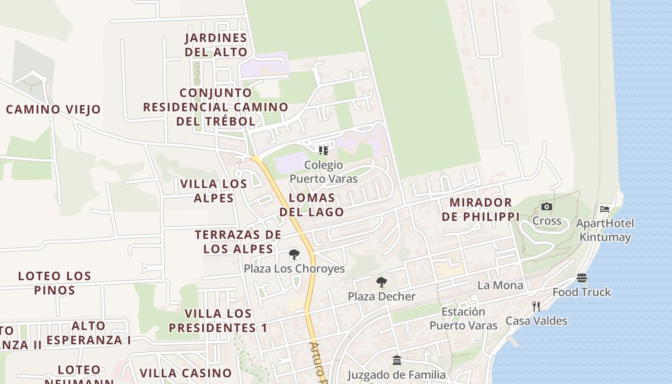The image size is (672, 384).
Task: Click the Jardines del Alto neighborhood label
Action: click(x=216, y=45)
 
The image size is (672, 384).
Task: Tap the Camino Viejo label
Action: click(x=53, y=109)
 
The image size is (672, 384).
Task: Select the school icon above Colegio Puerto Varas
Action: click(x=324, y=151)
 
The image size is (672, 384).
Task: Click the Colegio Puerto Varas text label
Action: click(x=324, y=172)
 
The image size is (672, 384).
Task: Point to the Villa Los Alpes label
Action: click(x=214, y=191)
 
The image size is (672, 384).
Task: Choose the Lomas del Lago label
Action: click(x=312, y=204)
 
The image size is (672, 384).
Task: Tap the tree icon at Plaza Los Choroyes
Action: click(x=294, y=255)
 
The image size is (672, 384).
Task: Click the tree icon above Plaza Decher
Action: click(x=382, y=282)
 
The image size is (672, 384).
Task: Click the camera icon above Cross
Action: click(x=546, y=207)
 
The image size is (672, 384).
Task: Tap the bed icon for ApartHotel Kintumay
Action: click(x=605, y=209)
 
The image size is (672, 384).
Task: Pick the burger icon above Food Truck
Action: click(x=582, y=278)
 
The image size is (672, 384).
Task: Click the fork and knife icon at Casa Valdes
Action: click(x=536, y=306)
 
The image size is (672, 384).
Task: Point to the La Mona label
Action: click(x=500, y=285)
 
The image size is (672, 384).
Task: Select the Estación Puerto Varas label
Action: click(x=463, y=319)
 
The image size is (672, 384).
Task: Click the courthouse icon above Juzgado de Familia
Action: click(x=397, y=360)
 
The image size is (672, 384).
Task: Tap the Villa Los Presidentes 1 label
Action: click(x=218, y=321)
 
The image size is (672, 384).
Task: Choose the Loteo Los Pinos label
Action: click(x=54, y=283)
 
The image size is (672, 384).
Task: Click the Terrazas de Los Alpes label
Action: click(x=238, y=241)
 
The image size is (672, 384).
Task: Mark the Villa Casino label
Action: click(x=186, y=373)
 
